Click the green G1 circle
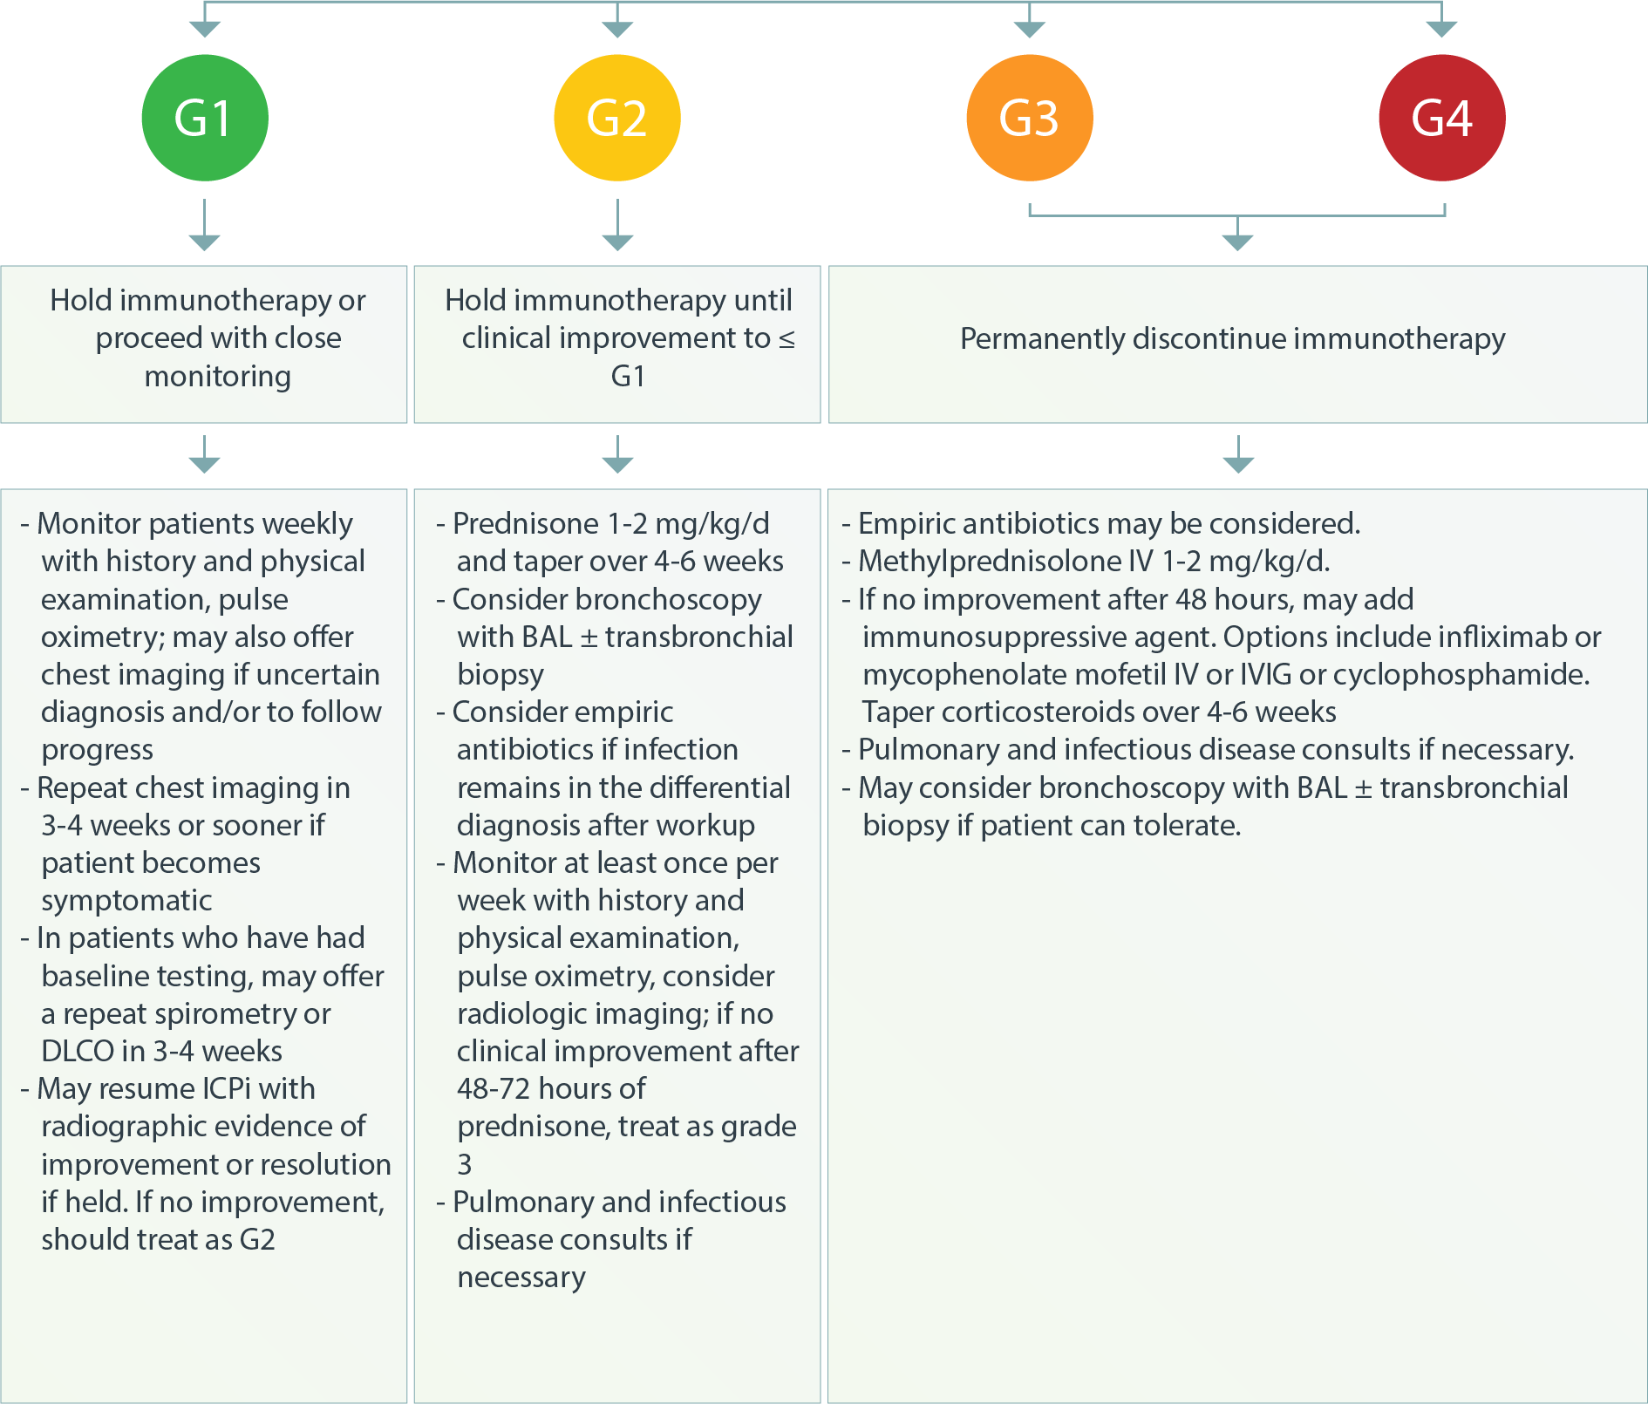[x=205, y=118]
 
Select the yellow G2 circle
[x=617, y=118]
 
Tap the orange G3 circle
[x=1030, y=118]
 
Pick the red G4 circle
[x=1442, y=118]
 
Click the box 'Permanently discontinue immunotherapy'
[x=1237, y=344]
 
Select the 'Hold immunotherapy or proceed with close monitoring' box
[x=204, y=344]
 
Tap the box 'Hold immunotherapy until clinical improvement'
[x=617, y=344]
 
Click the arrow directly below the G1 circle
[x=205, y=225]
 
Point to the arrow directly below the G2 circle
[x=617, y=225]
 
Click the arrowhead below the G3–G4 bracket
[x=1238, y=242]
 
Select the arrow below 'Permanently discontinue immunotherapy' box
[x=1238, y=454]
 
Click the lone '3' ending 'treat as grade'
[x=465, y=1164]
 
